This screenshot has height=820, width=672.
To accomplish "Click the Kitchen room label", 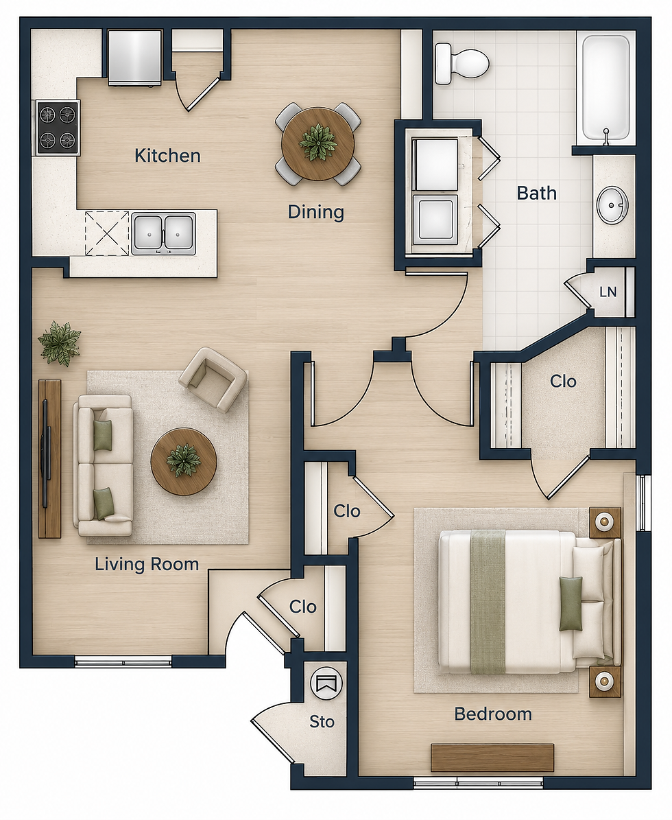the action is (x=167, y=155).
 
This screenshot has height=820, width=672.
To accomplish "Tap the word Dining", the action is (x=316, y=212).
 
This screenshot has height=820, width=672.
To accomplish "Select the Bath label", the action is (x=537, y=193).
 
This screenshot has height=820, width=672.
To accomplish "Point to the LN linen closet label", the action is (x=608, y=292).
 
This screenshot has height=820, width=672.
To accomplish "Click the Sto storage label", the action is (x=322, y=722).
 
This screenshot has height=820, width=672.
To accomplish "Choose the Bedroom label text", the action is (x=493, y=714).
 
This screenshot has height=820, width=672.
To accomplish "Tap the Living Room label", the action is (x=147, y=564).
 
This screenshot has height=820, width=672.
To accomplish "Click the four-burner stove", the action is (x=58, y=128).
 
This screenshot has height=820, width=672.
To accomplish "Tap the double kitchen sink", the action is (x=164, y=233).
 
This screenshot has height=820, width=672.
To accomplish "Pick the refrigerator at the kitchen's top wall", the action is (x=135, y=57).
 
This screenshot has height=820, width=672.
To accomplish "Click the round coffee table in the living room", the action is (x=184, y=462).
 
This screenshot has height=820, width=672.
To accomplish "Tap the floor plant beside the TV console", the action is (x=59, y=344).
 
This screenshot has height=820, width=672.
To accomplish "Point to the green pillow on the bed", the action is (x=571, y=603).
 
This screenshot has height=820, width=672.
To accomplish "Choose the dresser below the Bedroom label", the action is (x=492, y=758).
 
